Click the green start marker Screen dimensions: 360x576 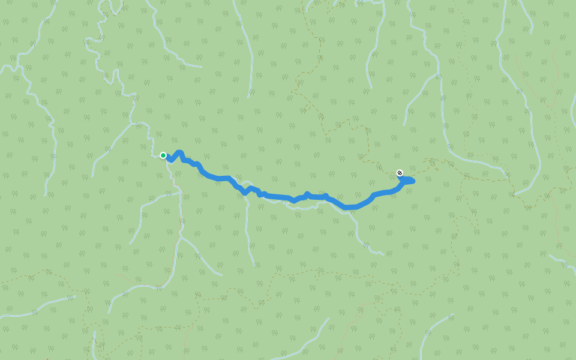(163, 155)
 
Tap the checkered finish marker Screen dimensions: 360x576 (400, 173)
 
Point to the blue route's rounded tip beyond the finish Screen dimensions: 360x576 (413, 180)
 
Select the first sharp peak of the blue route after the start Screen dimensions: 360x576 (179, 153)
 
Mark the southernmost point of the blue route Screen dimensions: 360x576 (349, 208)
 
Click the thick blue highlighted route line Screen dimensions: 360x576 (276, 196)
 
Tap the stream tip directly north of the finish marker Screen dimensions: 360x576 (404, 125)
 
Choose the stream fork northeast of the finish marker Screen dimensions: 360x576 (438, 75)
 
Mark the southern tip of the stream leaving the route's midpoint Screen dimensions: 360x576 (254, 265)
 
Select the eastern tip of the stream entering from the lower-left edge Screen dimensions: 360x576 (75, 296)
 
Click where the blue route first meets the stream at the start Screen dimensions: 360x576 (167, 158)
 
